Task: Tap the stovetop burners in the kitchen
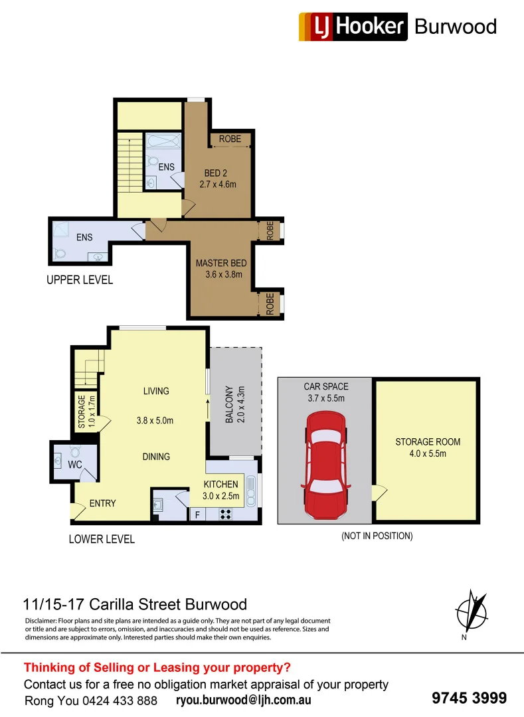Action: (x=225, y=513)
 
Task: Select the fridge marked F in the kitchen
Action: (x=197, y=514)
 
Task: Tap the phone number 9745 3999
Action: (x=469, y=698)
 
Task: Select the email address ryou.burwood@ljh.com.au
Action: (x=244, y=700)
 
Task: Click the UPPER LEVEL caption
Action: (x=80, y=279)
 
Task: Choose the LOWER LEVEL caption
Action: (x=102, y=538)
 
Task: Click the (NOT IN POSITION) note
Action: (x=377, y=536)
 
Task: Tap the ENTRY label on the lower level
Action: (x=102, y=503)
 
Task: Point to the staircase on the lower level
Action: (x=88, y=368)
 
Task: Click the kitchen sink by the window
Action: (x=251, y=491)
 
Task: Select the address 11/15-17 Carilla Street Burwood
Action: (x=135, y=604)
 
